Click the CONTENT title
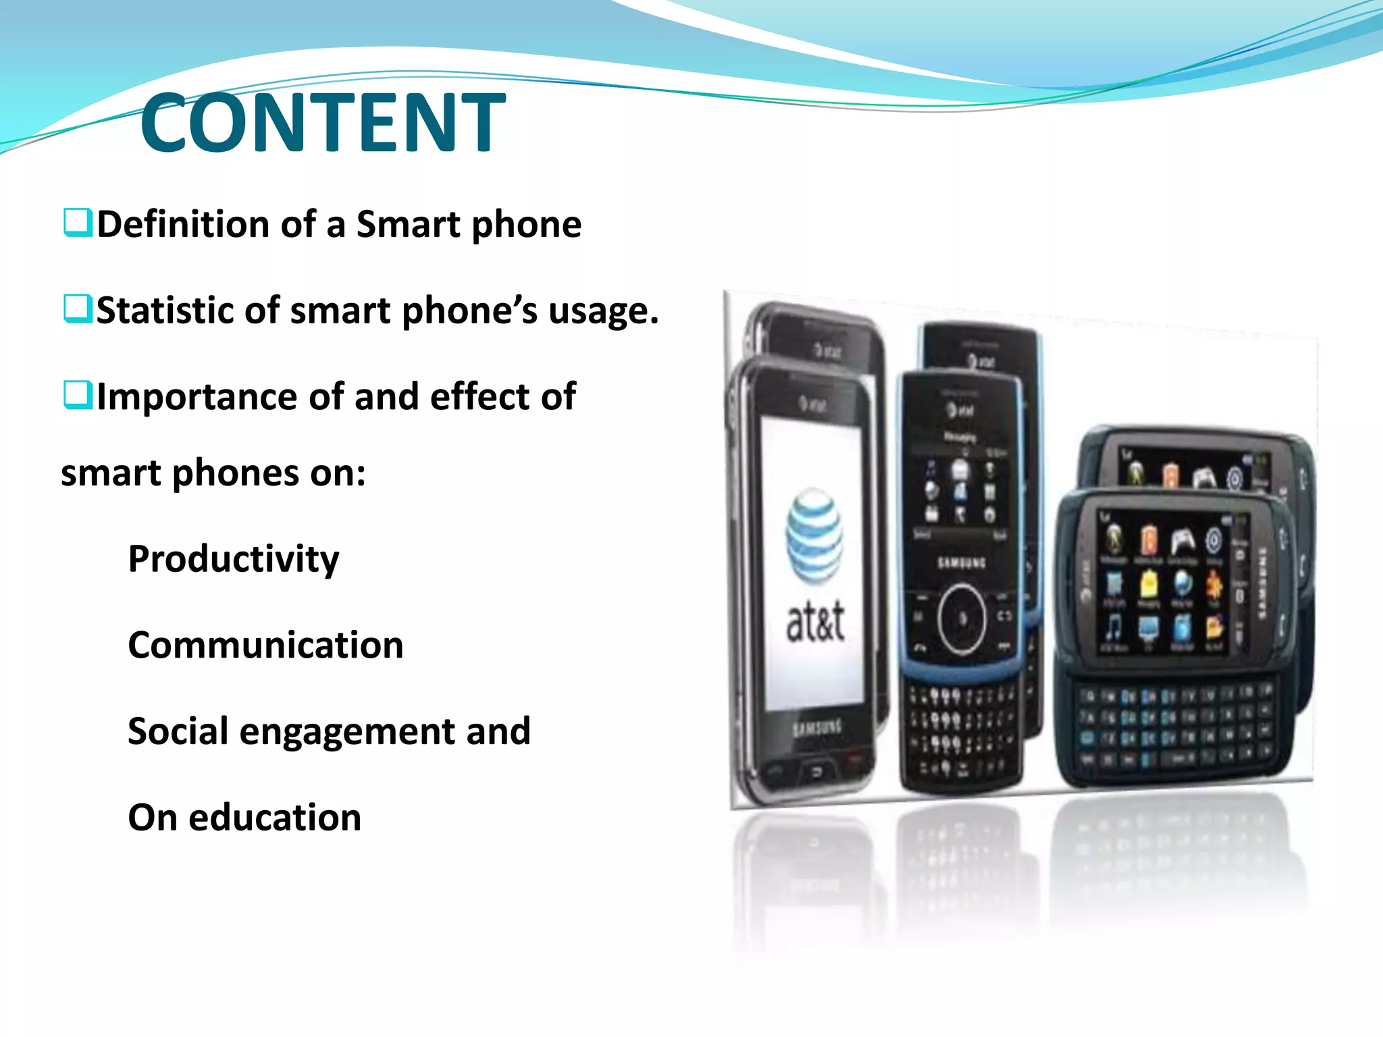pos(323,123)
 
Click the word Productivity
pos(234,560)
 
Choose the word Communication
pos(265,645)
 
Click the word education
pos(275,818)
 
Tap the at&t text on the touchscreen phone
pos(815,621)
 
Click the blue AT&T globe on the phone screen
pos(814,537)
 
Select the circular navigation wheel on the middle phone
pos(962,619)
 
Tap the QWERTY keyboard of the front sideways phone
pos(1175,726)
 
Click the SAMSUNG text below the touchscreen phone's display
pos(817,728)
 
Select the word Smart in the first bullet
pos(408,224)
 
